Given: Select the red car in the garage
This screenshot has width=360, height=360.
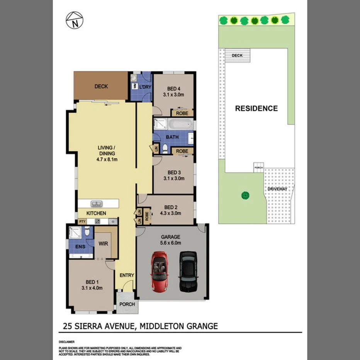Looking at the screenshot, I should tap(159, 271).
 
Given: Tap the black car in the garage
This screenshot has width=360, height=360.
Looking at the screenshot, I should tap(188, 271).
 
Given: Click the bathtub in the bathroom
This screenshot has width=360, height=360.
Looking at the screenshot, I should tap(180, 124).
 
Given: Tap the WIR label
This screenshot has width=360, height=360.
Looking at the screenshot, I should tap(103, 244).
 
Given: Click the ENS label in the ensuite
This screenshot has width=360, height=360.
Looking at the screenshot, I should tap(80, 246).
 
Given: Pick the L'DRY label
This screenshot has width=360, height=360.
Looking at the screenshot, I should tap(145, 87).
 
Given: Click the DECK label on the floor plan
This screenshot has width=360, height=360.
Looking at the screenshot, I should tap(101, 87).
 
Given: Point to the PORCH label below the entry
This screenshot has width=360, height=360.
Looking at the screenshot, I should tap(127, 304).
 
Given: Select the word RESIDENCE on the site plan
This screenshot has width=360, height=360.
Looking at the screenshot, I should tap(256, 109).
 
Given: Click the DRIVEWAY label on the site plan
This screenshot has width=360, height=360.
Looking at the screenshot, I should tap(278, 189).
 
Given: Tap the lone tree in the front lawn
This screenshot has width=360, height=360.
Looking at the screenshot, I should tap(245, 195).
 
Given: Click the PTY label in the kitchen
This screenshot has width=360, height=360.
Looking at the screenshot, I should tap(82, 222).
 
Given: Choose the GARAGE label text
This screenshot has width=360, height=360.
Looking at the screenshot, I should tap(172, 237).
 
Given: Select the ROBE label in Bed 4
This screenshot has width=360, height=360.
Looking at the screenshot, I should tap(182, 114).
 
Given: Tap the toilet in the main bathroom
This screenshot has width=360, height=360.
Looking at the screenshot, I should tap(165, 147).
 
